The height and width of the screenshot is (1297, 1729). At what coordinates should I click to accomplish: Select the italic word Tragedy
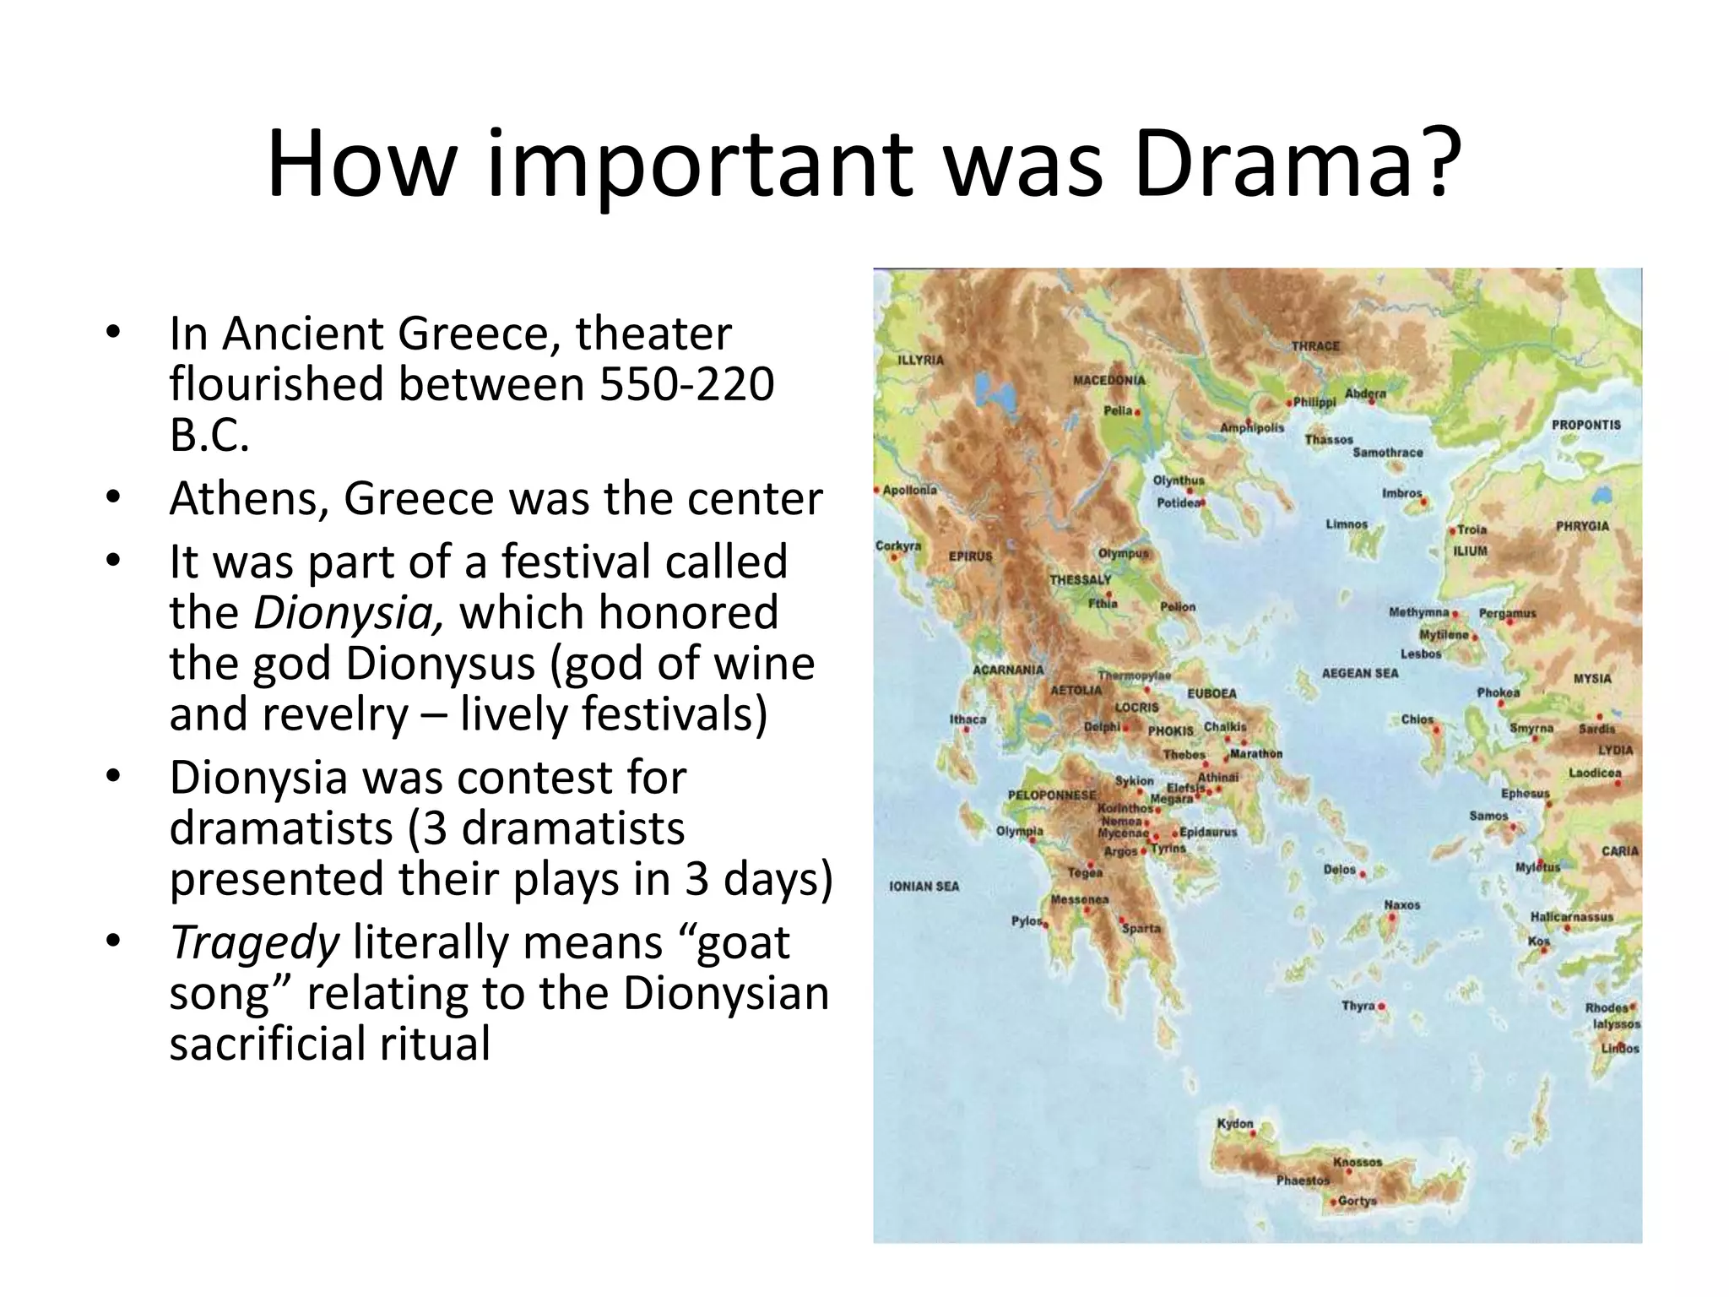coord(254,942)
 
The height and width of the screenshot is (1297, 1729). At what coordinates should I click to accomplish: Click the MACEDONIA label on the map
coord(1108,380)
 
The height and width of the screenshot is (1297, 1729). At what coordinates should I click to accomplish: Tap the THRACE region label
coord(1314,346)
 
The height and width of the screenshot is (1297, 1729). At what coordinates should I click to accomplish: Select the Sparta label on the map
coord(1141,928)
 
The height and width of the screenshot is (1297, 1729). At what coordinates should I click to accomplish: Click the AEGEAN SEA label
coord(1359,673)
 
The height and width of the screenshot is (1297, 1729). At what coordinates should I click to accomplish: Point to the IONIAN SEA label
coord(924,886)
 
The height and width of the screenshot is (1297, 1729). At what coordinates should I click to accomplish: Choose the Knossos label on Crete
coord(1357,1162)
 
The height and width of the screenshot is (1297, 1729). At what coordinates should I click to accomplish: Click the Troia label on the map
coord(1472,529)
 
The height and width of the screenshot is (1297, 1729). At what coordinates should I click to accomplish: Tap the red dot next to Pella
coord(1138,413)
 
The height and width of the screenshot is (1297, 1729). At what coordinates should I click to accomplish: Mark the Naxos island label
coord(1401,904)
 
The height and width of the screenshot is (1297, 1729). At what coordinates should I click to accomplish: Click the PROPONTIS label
coord(1585,425)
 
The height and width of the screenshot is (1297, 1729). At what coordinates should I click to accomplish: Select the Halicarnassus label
coord(1571,916)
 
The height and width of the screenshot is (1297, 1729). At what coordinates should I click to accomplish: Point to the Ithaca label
coord(967,719)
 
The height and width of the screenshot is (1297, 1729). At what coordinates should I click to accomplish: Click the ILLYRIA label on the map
coord(920,360)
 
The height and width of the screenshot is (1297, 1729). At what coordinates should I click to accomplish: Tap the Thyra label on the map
coord(1358,1006)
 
